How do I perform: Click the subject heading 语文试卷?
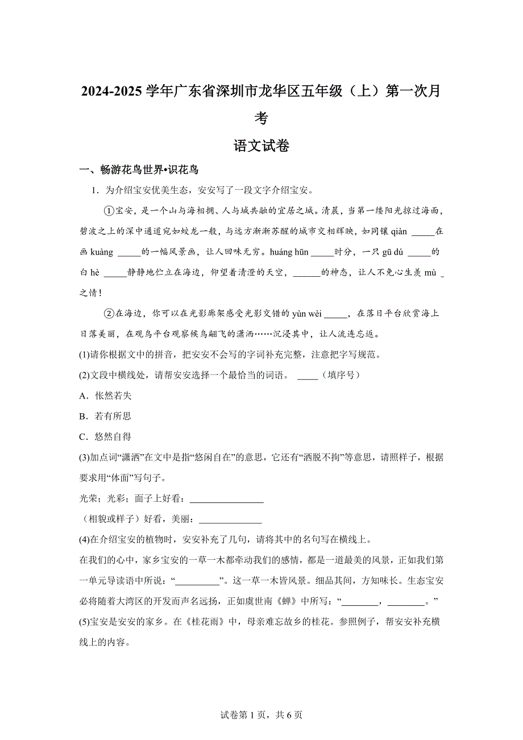point(261,146)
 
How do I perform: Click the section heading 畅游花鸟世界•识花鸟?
point(139,169)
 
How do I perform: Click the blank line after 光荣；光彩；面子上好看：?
point(226,499)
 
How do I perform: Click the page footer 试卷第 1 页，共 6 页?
point(261,715)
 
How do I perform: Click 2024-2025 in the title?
point(112,91)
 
